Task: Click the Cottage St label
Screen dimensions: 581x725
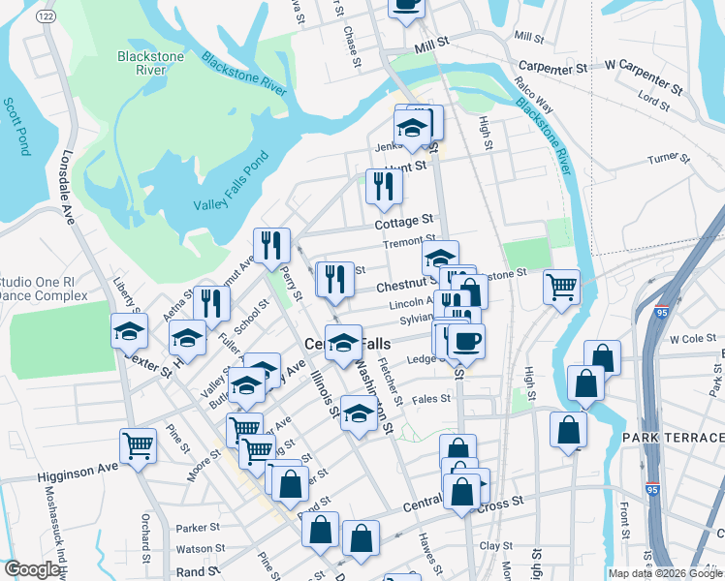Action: [x=405, y=223]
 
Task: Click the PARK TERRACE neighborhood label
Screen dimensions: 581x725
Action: [x=671, y=439]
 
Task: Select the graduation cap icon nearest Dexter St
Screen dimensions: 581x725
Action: [x=129, y=331]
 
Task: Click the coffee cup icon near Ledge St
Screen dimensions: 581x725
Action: [x=466, y=341]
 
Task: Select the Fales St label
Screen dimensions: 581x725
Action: [x=431, y=398]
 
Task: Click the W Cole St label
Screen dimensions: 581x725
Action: [x=692, y=339]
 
